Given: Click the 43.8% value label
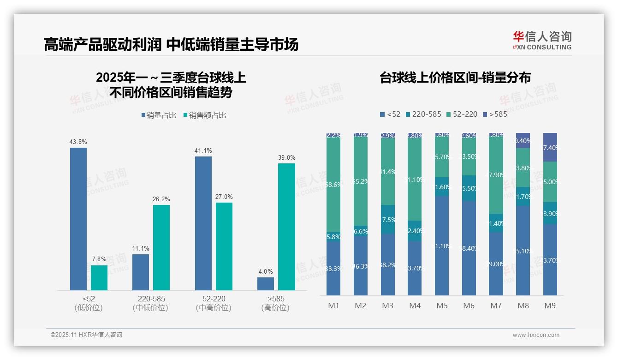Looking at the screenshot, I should tap(78, 142).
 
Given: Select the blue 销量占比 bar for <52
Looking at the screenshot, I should tap(78, 219).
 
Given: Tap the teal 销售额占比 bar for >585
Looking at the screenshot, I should tap(286, 227).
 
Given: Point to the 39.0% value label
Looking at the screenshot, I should tap(286, 157).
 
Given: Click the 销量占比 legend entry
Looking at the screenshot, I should tap(159, 115).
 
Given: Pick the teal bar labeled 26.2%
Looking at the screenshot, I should tap(161, 247).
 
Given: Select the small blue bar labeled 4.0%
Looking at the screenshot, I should tap(266, 283).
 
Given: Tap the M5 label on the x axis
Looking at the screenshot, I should tap(442, 306).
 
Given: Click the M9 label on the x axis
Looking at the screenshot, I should tap(550, 306).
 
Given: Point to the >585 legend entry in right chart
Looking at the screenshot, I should tap(495, 114).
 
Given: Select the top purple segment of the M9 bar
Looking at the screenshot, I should tap(550, 147).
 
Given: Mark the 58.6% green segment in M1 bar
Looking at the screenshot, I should tap(333, 185).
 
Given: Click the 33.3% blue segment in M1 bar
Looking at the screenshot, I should tap(333, 268).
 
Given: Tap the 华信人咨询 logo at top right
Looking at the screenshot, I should tap(542, 40).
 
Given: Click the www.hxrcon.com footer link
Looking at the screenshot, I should tap(536, 335).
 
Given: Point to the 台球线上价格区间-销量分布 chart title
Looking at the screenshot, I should tap(455, 78).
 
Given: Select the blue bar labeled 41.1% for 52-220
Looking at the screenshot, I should tap(203, 223).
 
